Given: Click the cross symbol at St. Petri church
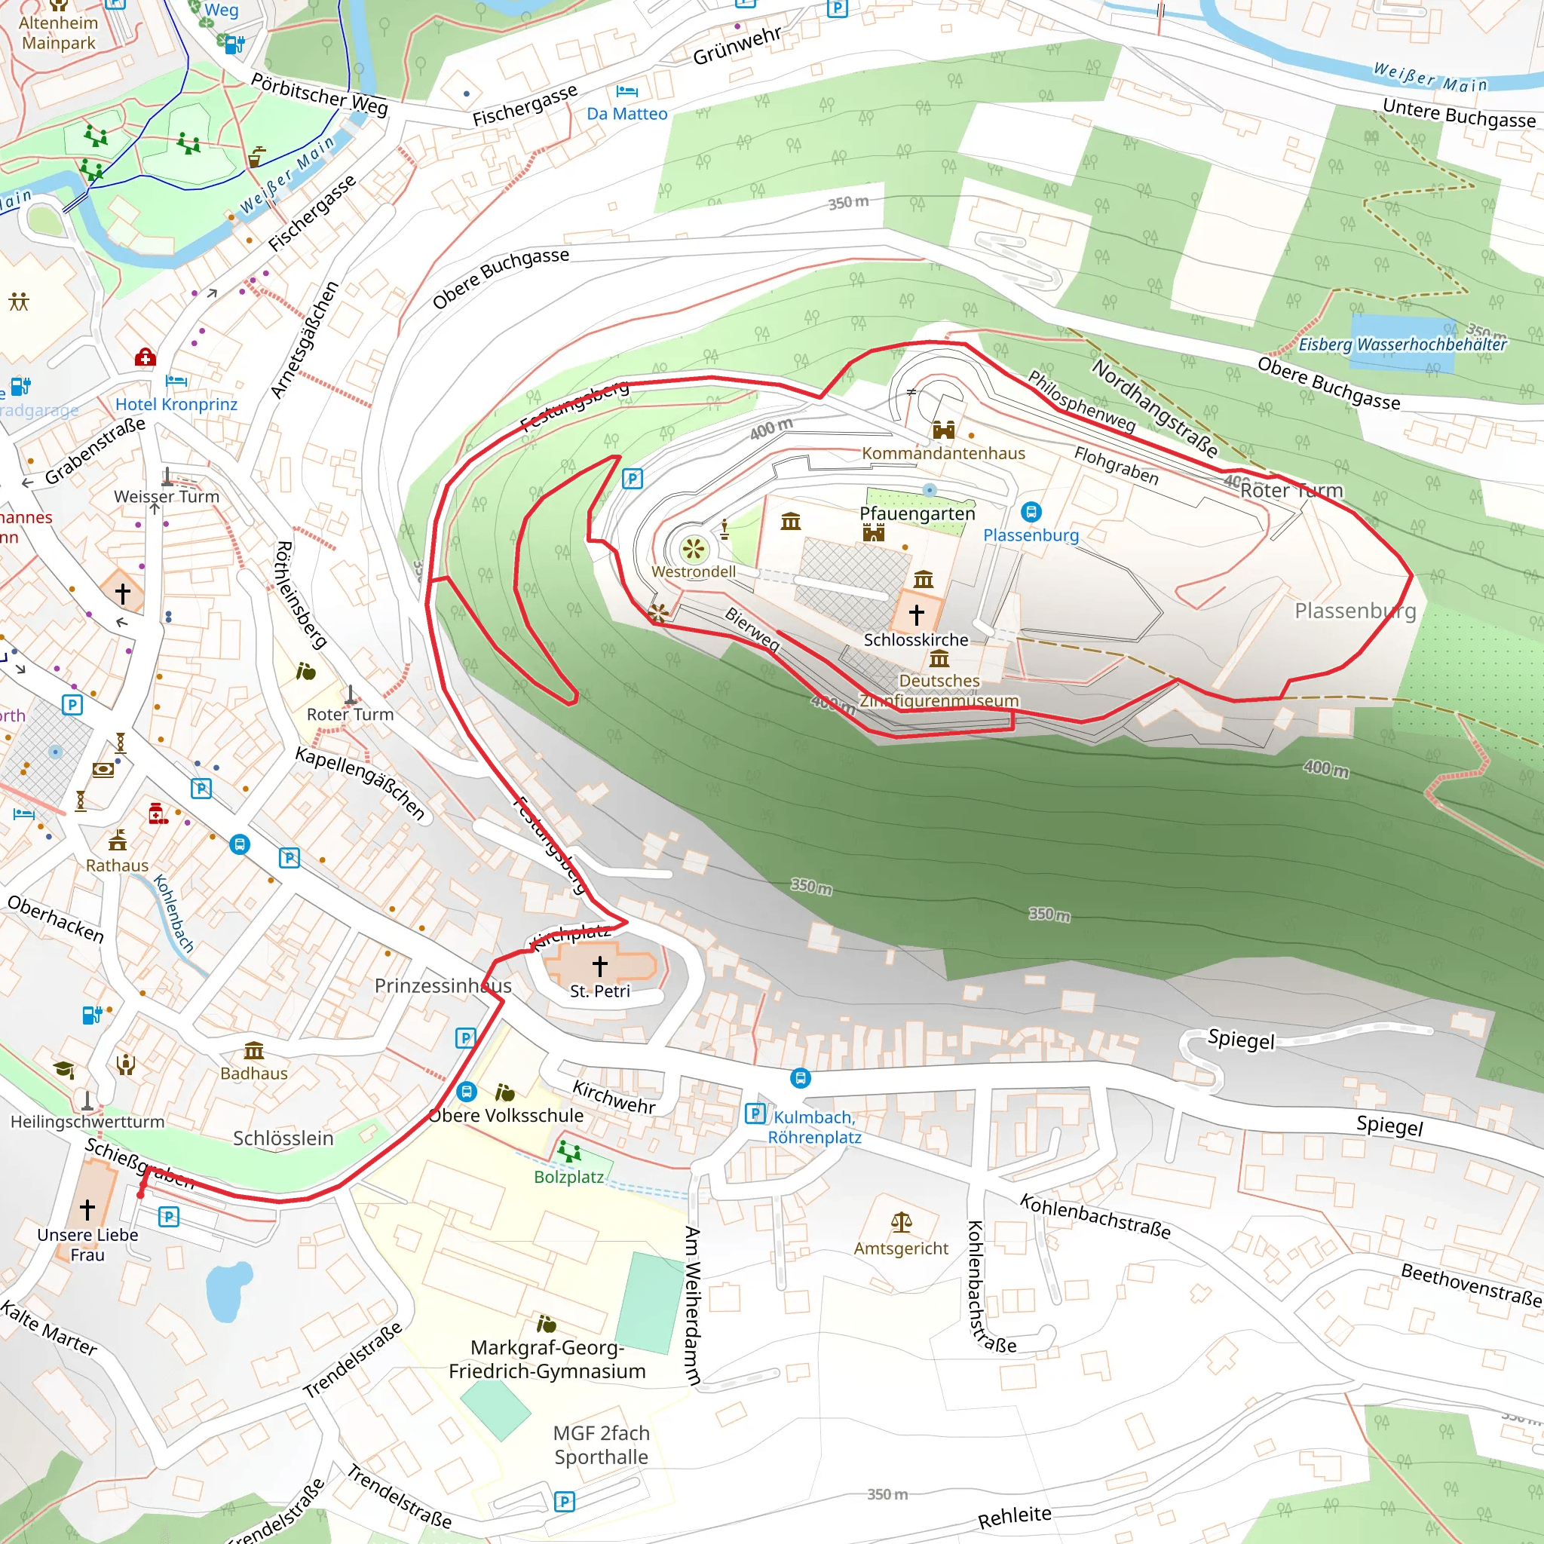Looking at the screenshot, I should (x=599, y=966).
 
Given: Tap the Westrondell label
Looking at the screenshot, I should (x=693, y=571).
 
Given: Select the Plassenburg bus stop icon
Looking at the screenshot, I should (x=1030, y=511).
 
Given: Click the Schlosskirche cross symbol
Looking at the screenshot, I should (x=917, y=614).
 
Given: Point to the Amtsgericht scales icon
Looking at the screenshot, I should (x=901, y=1222).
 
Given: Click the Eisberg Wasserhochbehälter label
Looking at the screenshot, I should (x=1402, y=345).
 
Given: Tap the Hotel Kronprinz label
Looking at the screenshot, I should (x=176, y=404).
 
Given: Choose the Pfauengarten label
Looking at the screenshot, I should (x=917, y=513).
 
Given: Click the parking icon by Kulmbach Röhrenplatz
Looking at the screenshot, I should (x=755, y=1113).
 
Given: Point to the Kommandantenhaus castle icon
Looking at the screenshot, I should (x=943, y=430).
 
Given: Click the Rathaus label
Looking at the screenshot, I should (x=117, y=865).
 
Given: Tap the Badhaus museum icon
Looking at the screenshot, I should (x=253, y=1050).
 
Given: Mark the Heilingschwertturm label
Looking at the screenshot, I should (x=87, y=1121).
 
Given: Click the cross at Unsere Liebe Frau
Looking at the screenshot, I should (x=87, y=1208).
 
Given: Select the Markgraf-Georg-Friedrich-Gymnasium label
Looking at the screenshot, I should (x=547, y=1359).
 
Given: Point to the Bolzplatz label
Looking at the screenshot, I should (x=568, y=1176).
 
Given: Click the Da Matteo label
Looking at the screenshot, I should (x=626, y=114).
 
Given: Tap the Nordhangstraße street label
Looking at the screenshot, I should (x=1154, y=409).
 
